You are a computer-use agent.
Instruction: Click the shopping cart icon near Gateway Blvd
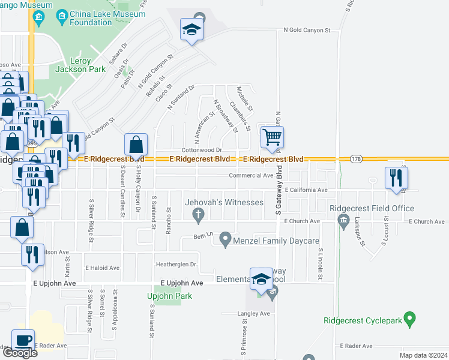(x=272, y=137)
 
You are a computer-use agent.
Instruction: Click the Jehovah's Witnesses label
(x=224, y=202)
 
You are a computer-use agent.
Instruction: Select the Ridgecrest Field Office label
(x=372, y=209)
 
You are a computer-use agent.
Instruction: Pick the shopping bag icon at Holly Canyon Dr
(x=136, y=145)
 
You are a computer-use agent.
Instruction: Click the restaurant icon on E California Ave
(x=396, y=178)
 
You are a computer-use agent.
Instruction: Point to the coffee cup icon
(x=23, y=341)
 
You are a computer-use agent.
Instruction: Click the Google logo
(x=19, y=352)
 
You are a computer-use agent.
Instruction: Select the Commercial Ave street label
(x=251, y=176)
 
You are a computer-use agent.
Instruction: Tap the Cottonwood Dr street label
(x=203, y=150)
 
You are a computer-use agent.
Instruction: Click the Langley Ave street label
(x=255, y=314)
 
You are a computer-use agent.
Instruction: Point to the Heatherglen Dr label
(x=176, y=264)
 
